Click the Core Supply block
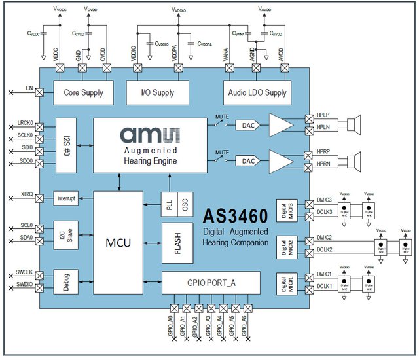(x=83, y=92)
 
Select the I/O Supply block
(x=158, y=92)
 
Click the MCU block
(x=118, y=243)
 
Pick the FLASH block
(x=178, y=242)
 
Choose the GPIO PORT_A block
(x=210, y=282)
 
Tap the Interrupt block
(x=67, y=198)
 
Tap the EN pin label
(x=28, y=86)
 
